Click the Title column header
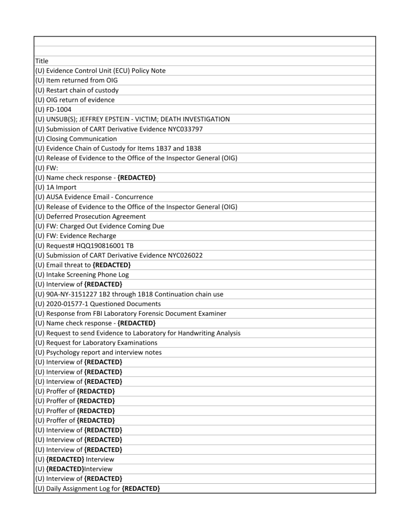(x=42, y=61)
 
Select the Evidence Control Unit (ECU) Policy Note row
(x=100, y=71)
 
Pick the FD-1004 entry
(x=55, y=109)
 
